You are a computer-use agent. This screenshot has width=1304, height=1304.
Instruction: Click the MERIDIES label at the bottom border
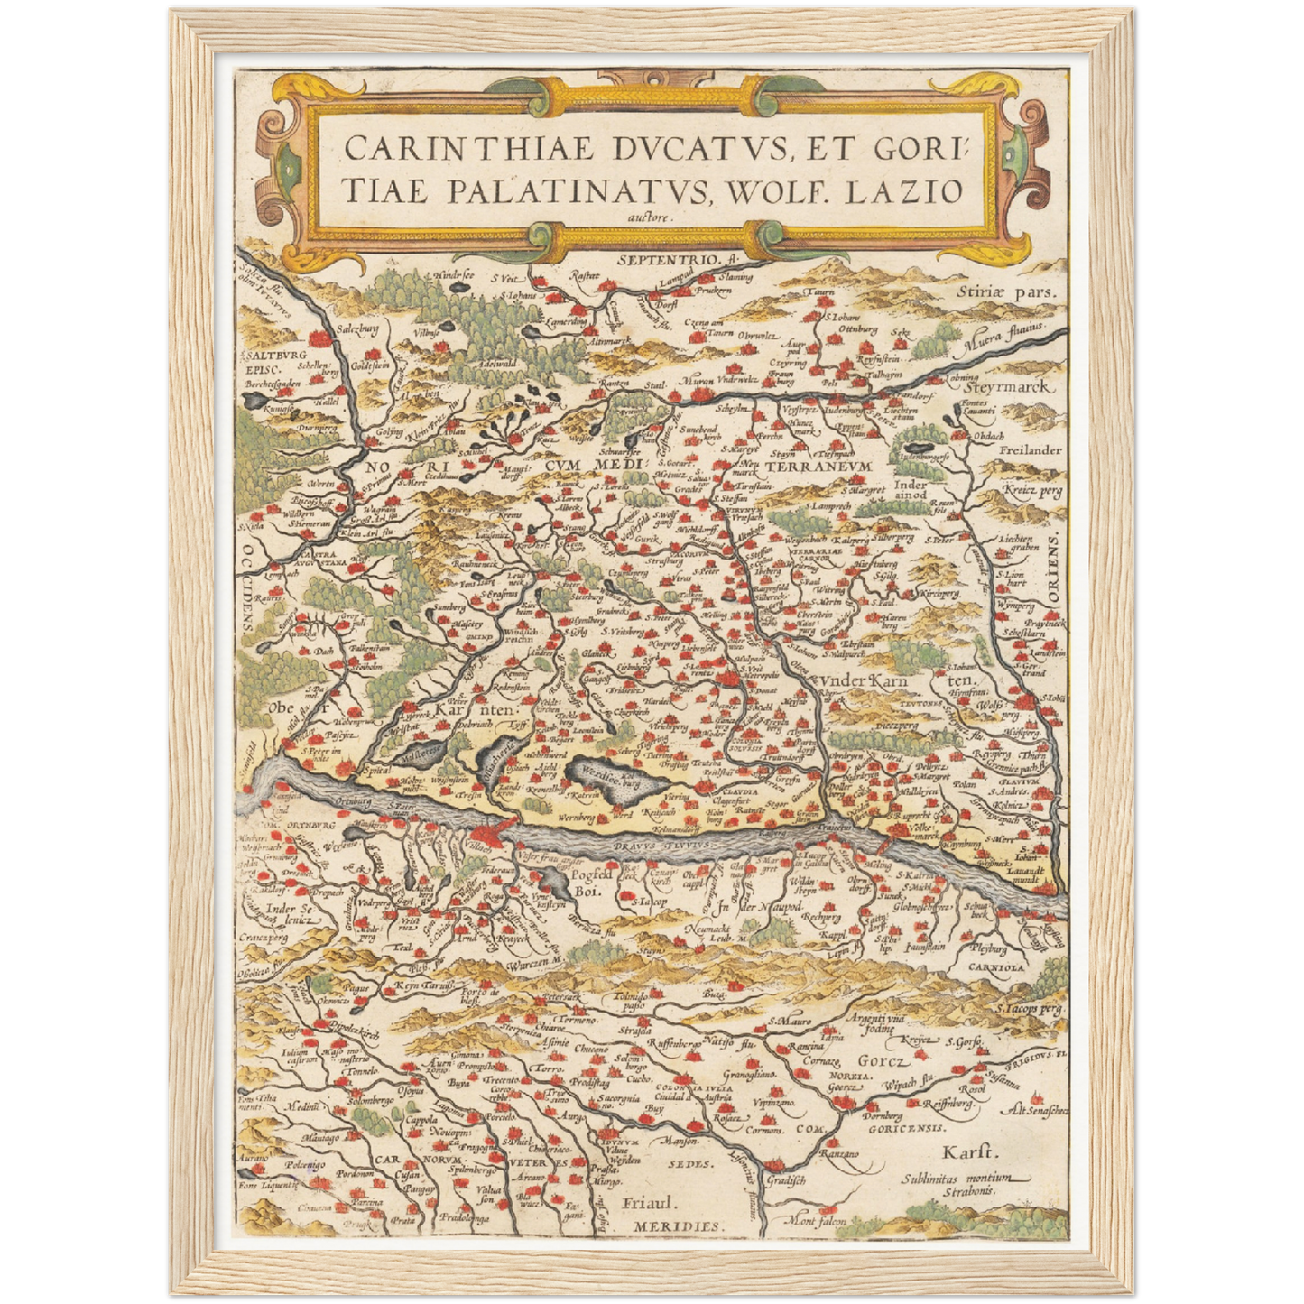(x=677, y=1226)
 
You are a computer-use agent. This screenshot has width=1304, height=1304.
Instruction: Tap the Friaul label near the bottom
(x=648, y=1204)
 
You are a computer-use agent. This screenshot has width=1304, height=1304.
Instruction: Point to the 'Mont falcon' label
(x=815, y=1221)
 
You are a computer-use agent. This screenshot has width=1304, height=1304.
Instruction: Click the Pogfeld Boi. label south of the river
(x=592, y=881)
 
